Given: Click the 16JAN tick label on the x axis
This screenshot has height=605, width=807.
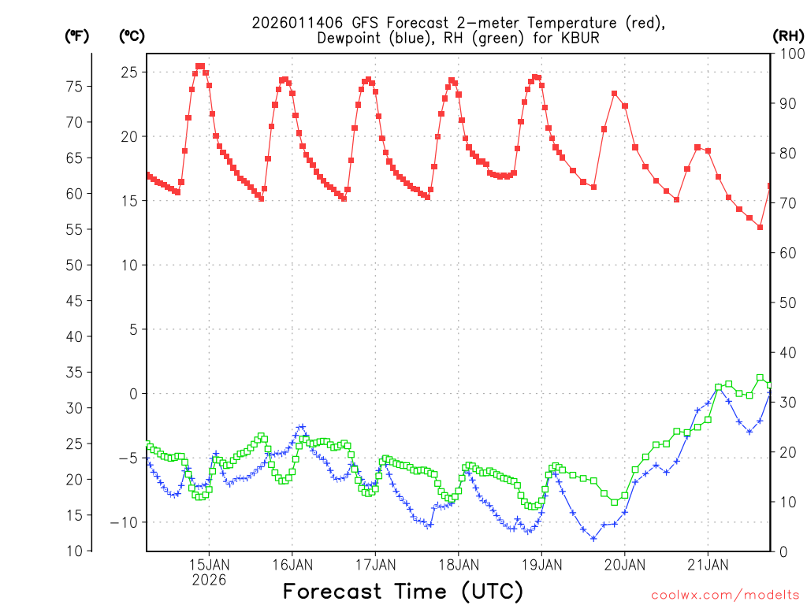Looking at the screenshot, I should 292,565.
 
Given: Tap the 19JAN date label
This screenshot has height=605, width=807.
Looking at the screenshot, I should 541,565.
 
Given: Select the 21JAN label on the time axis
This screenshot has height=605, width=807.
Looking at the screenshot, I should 708,565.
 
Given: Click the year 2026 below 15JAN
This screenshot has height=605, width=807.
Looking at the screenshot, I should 209,581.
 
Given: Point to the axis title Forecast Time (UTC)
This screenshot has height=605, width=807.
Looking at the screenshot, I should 403,591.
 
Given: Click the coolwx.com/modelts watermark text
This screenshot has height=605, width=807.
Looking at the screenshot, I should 725,596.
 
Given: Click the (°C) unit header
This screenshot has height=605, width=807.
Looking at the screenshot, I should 132,35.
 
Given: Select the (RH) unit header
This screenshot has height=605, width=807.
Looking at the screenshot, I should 787,35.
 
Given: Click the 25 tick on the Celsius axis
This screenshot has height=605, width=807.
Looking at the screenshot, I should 129,72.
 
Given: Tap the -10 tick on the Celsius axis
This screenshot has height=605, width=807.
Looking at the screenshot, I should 125,522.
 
